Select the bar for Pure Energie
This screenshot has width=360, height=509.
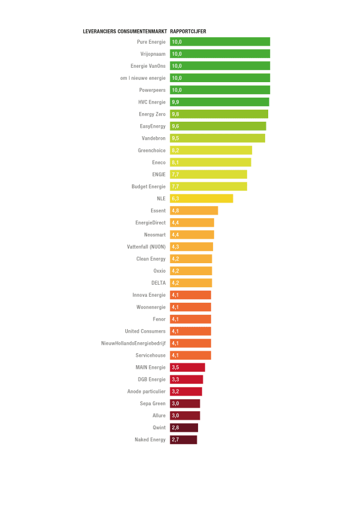click(220, 42)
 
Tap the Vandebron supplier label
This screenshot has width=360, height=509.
click(154, 138)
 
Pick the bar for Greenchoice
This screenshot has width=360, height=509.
click(211, 150)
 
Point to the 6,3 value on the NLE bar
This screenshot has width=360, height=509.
click(176, 198)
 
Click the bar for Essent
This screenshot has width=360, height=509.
click(194, 210)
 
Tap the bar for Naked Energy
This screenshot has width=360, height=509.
click(183, 439)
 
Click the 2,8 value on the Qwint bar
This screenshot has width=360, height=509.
click(175, 427)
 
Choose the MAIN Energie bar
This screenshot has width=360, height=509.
click(187, 367)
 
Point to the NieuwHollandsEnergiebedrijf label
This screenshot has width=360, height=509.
click(133, 343)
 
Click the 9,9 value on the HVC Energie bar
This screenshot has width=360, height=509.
click(175, 102)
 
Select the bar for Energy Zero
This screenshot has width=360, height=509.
click(219, 114)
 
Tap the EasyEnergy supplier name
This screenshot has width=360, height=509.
click(152, 126)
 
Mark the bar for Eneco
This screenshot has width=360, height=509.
click(210, 162)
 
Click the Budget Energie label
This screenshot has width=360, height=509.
click(148, 186)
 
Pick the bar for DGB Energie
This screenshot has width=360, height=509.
click(186, 379)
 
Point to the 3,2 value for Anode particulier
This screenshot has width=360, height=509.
click(175, 391)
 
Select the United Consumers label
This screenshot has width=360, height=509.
click(145, 331)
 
